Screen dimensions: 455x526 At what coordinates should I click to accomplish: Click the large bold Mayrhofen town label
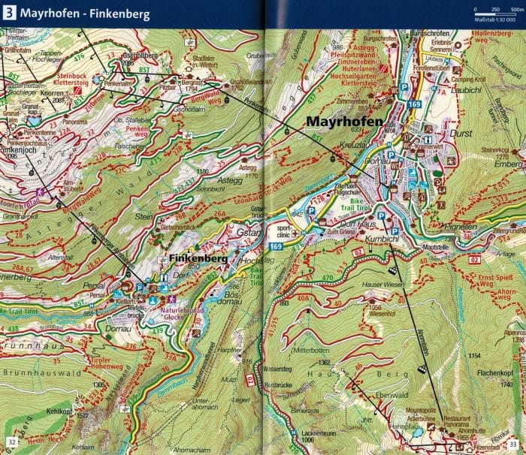tap(343, 122)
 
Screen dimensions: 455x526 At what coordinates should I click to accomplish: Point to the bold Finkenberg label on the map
tap(187, 258)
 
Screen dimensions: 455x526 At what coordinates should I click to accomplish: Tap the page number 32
tap(11, 441)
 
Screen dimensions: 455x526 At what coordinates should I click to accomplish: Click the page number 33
tap(515, 441)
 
